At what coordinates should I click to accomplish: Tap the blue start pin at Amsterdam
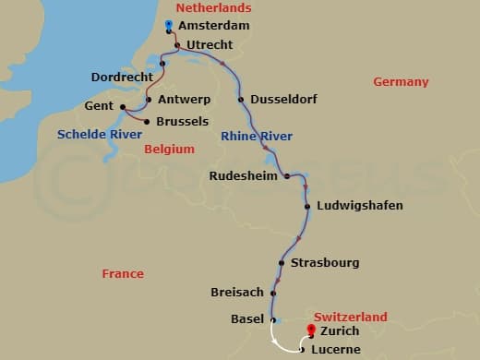pos(168,24)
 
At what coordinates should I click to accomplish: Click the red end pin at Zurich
pos(311,330)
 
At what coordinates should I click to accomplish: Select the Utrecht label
pos(210,44)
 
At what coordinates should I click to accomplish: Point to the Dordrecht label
pos(123,77)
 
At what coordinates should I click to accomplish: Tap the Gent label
pos(101,107)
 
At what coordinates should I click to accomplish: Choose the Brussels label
pos(183,121)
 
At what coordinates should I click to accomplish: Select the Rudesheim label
pos(244,175)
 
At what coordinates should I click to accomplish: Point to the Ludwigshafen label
pos(359,205)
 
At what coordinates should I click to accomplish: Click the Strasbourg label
pos(324,263)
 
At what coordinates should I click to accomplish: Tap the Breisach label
pos(236,293)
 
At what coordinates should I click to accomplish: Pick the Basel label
pos(246,319)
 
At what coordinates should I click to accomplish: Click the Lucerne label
pos(335,350)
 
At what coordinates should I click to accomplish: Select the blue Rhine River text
pos(257,137)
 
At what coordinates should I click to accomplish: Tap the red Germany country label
pos(401,82)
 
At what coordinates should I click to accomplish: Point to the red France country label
pos(123,273)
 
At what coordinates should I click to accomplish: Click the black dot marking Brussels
pos(146,121)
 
